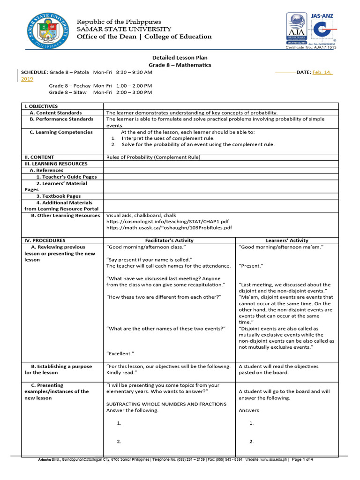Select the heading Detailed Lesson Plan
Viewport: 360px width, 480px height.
180,57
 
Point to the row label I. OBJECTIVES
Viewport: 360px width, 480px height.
41,106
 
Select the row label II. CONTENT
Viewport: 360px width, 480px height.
39,157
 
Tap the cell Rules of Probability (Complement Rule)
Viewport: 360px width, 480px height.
153,157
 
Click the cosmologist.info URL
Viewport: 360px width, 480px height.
168,221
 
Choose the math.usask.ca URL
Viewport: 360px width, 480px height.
169,228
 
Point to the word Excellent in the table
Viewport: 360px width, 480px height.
120,353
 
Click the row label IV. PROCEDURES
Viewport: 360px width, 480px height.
45,240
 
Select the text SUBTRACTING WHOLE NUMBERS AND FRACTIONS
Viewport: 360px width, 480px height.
166,404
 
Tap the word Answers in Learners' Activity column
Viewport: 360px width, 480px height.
249,410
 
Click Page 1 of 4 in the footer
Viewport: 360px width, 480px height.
302,459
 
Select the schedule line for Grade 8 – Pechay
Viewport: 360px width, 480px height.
101,86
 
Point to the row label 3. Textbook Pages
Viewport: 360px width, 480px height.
59,196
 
